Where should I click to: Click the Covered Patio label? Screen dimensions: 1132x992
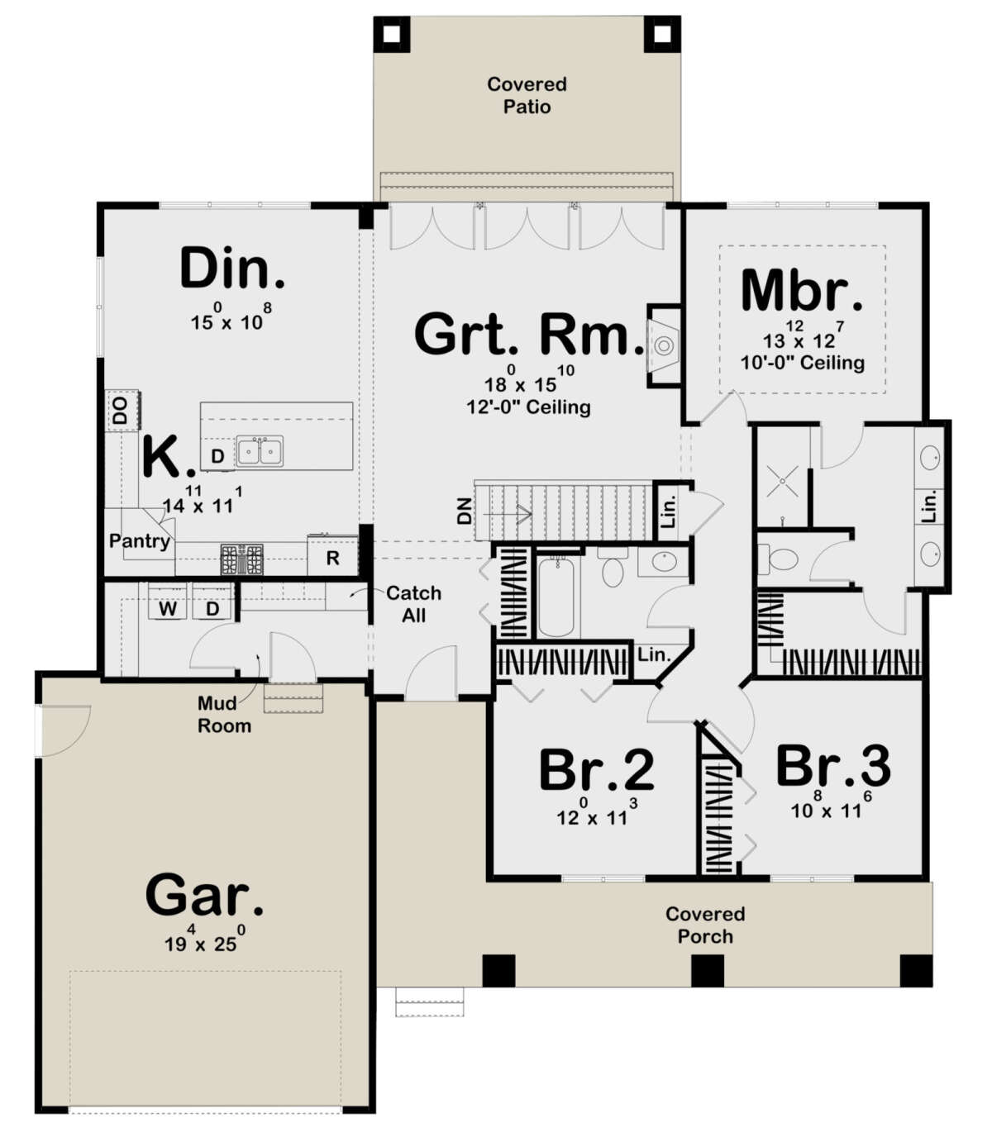coord(527,95)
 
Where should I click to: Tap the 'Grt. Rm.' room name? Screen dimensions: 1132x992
coord(528,334)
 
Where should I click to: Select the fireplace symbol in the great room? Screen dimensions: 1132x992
coord(664,345)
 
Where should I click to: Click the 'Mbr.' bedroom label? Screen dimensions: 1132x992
coord(802,291)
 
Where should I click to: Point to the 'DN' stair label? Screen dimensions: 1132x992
coord(465,511)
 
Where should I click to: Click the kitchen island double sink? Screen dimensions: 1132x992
coord(260,451)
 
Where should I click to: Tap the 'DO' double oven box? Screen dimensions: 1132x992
coord(121,411)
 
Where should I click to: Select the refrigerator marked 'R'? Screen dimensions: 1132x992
coord(332,558)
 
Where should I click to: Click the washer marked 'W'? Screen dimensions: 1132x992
coord(168,609)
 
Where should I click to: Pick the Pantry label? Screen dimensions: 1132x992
coord(139,541)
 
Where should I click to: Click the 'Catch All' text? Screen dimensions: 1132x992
coord(413,604)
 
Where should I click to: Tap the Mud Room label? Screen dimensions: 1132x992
coord(223,715)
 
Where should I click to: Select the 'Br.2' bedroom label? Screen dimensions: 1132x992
coord(596,770)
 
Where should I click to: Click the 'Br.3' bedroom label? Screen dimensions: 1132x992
coord(832,766)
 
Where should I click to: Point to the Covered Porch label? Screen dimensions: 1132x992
coord(705,925)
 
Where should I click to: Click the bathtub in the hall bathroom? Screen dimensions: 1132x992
coord(557,597)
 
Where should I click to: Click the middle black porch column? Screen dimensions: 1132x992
coord(707,971)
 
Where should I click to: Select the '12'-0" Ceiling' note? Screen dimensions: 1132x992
coord(528,407)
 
